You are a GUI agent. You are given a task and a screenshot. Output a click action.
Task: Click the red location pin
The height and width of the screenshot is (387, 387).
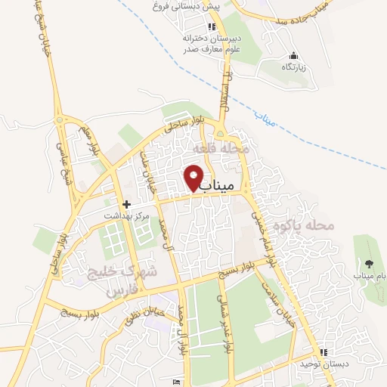point(194,178)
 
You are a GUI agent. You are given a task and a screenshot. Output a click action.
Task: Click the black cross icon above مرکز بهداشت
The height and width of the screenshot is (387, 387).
point(126,204)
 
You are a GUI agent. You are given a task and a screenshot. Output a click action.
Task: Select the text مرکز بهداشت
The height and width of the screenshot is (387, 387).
point(128,216)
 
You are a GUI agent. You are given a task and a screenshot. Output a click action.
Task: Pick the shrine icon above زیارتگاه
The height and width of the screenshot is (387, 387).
point(294,56)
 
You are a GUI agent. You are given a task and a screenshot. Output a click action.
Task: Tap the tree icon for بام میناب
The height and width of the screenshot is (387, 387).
point(369,264)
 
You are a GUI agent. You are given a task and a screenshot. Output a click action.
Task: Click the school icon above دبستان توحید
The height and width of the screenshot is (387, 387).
point(324,352)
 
